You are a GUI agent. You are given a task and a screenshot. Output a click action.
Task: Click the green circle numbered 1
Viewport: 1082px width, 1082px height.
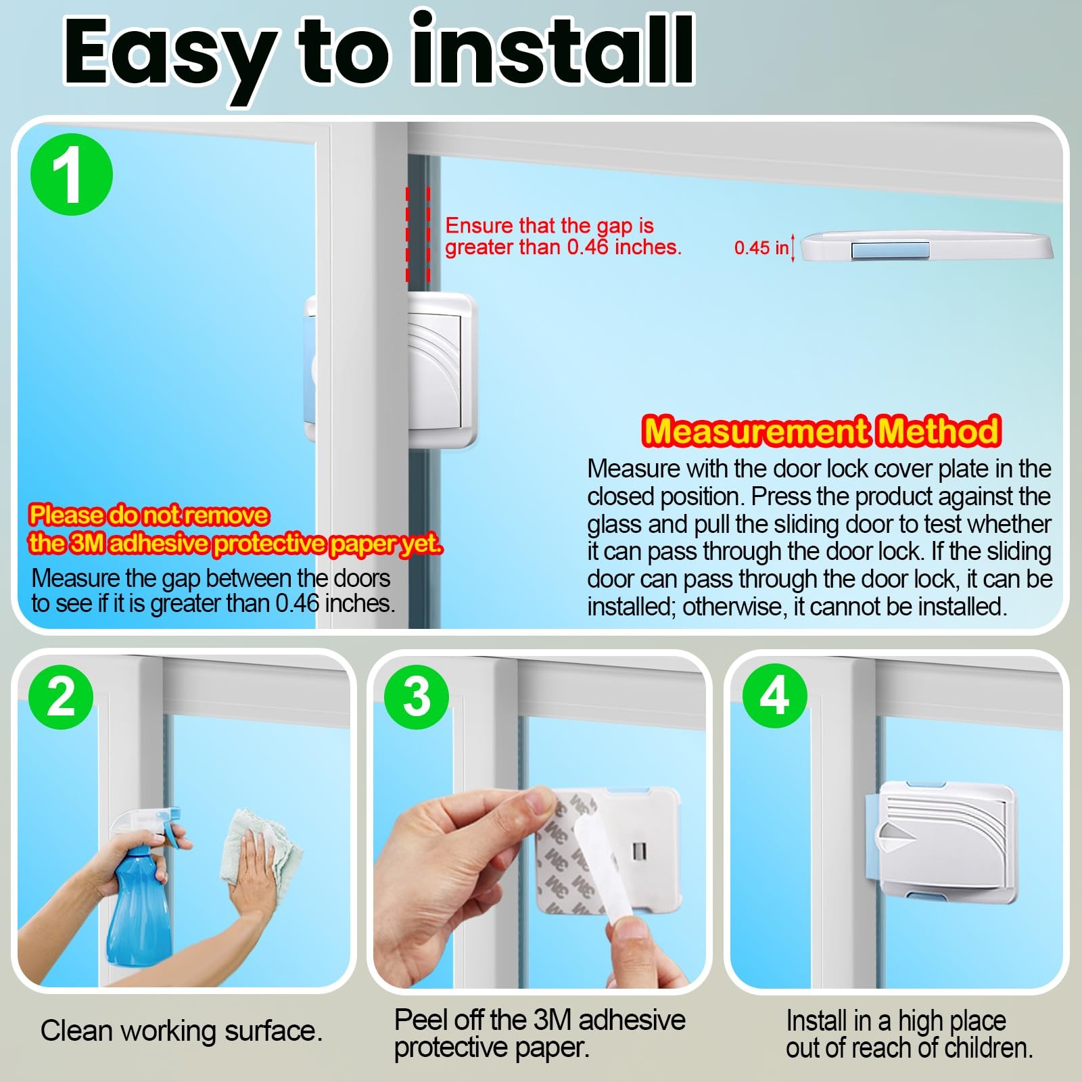[72, 174]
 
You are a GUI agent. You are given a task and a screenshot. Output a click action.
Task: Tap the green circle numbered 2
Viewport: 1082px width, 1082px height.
[61, 697]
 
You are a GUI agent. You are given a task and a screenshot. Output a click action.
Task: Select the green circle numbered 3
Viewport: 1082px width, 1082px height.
[417, 697]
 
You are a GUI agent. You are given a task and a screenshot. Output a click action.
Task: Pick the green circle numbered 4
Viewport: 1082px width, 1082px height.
[775, 695]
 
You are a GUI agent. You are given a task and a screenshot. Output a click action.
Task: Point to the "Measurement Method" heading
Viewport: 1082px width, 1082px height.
[822, 431]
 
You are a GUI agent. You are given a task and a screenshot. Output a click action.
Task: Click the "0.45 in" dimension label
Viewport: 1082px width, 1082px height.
[761, 248]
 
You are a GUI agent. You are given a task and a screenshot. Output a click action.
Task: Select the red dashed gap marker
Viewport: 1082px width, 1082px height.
[418, 234]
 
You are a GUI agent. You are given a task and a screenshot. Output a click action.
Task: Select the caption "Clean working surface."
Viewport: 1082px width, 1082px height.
[181, 1031]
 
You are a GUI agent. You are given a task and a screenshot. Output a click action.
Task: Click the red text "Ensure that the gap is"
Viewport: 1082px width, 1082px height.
[549, 225]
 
